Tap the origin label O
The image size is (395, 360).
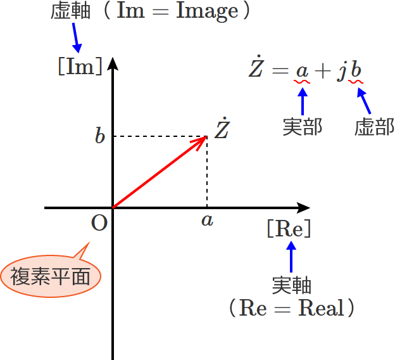(99, 223)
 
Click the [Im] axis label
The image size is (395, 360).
(80, 66)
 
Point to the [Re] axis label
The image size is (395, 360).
(289, 229)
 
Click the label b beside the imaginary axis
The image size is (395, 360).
(99, 136)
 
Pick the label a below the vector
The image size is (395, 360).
(207, 220)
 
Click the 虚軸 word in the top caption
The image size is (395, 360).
(70, 11)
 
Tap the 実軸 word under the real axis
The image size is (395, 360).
(292, 285)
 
